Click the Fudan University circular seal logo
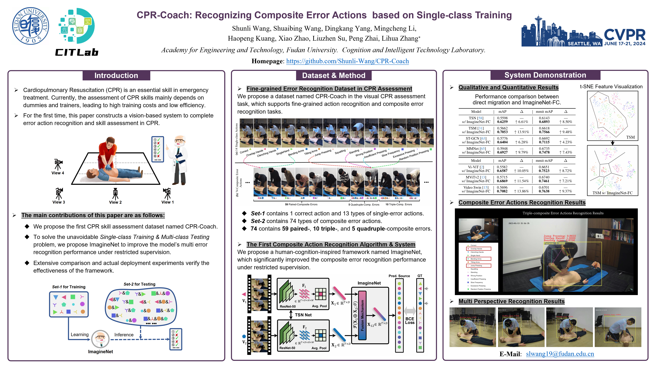pos(31,26)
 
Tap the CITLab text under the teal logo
pos(77,52)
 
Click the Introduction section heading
pos(116,75)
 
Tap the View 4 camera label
pos(58,173)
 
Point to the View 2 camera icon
pos(115,194)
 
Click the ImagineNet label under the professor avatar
pos(100,352)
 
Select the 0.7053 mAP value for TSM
pos(502,132)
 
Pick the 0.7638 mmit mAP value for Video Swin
pos(544,191)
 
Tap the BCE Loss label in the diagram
pos(410,321)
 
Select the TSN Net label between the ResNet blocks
pos(303,315)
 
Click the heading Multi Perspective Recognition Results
pos(511,301)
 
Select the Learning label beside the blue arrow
pos(79,335)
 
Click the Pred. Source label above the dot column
pos(399,276)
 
